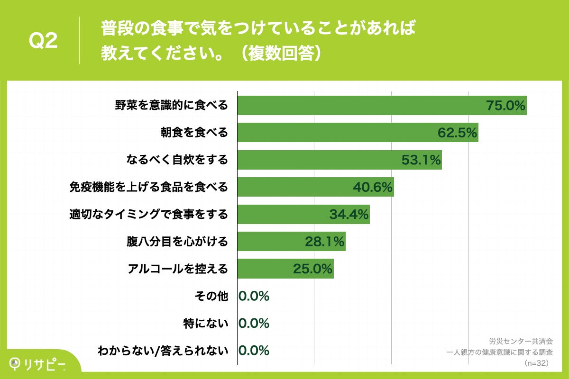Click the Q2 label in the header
[x=43, y=41]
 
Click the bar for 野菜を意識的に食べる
[x=360, y=106]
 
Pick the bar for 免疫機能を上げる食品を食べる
[x=294, y=187]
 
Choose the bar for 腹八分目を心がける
[x=270, y=242]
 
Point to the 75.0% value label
[x=506, y=106]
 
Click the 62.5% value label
[x=457, y=133]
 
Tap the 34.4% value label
[x=349, y=215]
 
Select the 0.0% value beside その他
[x=254, y=296]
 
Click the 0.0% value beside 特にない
[x=254, y=323]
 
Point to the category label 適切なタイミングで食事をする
[x=148, y=215]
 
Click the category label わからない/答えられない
[x=163, y=351]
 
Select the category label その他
[x=211, y=296]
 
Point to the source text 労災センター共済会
[x=521, y=341]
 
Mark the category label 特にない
[x=206, y=323]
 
